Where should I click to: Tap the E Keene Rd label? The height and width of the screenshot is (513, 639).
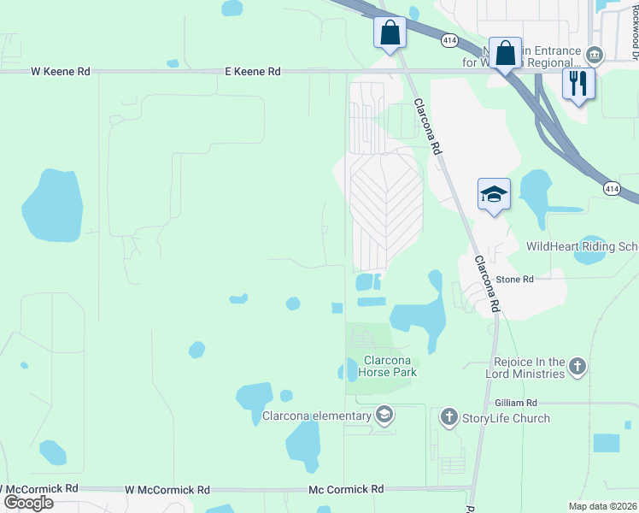[253, 72]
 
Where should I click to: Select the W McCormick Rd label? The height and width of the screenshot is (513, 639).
[167, 490]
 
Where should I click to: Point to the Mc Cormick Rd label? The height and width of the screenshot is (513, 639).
[346, 490]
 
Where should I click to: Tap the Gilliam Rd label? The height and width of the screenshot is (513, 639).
[515, 403]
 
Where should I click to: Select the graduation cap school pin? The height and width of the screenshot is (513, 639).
[494, 195]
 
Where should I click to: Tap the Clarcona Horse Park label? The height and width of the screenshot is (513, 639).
[389, 366]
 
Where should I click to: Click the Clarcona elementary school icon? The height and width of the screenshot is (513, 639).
[384, 416]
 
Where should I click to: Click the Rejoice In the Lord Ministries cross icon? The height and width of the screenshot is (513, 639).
[577, 368]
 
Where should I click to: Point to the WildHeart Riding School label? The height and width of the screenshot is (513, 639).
[582, 246]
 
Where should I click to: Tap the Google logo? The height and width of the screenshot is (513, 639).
[28, 502]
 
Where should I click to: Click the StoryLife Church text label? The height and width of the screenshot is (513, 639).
[507, 418]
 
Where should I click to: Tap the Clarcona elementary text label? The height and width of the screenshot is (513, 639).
[317, 416]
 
